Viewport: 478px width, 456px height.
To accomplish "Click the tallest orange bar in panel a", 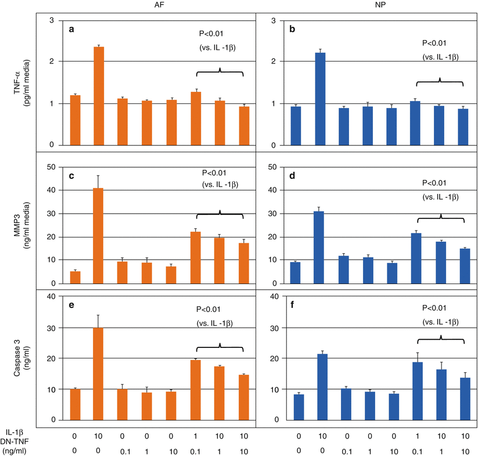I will pyautogui.click(x=99, y=96).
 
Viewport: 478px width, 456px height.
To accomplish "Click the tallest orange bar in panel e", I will pyautogui.click(x=99, y=374).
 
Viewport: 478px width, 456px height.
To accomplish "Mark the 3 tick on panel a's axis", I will pyautogui.click(x=52, y=21).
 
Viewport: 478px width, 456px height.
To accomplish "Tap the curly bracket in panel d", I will pyautogui.click(x=440, y=218).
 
